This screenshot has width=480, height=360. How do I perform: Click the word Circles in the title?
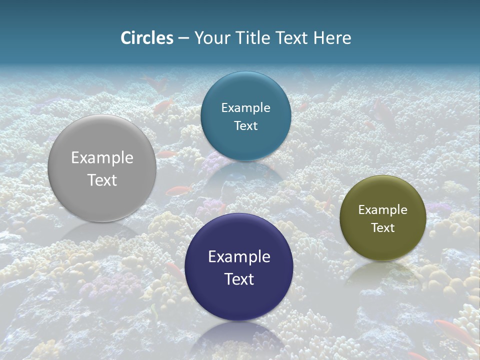click(147, 38)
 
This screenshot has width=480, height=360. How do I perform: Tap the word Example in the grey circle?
click(102, 158)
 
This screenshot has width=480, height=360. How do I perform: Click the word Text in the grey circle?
click(102, 180)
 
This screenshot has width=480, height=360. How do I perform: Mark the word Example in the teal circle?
click(245, 108)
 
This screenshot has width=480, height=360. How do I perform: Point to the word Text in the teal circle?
click(245, 125)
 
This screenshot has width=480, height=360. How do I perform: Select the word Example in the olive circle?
click(382, 210)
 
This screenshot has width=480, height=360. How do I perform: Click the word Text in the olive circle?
click(382, 228)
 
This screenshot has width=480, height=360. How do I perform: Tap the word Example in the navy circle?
click(239, 257)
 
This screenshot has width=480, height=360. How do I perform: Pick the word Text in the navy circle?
click(239, 279)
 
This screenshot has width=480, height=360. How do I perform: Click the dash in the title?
click(183, 38)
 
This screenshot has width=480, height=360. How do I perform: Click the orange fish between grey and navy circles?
click(178, 190)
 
